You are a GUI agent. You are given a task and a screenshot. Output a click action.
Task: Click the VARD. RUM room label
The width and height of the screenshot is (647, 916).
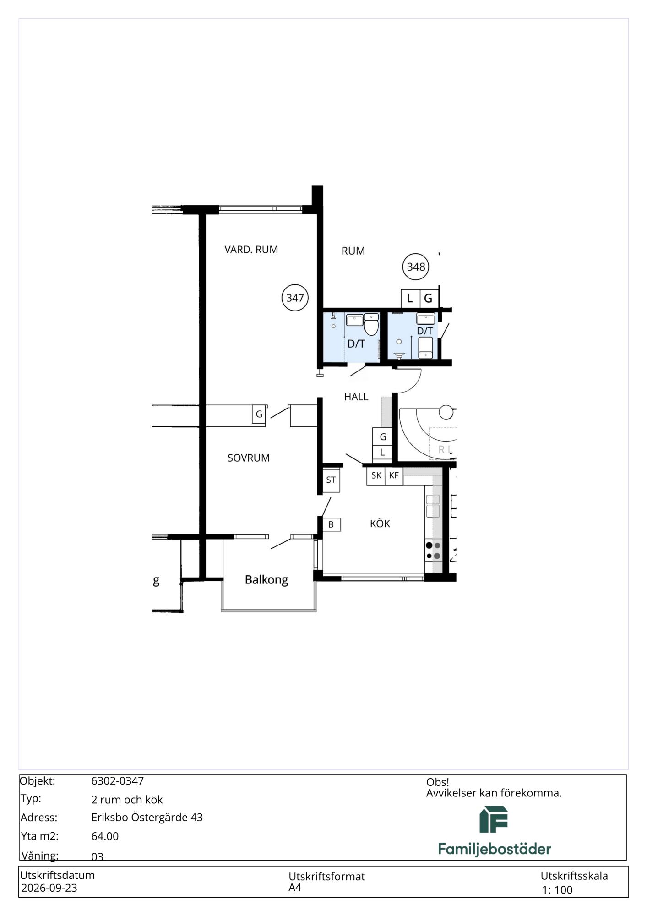point(251,250)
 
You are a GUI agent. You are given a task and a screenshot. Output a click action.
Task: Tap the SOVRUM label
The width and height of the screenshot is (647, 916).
point(249,458)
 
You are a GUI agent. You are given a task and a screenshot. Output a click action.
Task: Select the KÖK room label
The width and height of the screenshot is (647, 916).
point(380,523)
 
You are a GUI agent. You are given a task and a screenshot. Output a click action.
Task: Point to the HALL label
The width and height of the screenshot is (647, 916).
point(356,397)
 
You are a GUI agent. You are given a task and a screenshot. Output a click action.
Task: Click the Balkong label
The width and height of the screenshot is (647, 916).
point(266,580)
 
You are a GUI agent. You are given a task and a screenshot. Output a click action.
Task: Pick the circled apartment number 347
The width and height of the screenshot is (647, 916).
point(295,298)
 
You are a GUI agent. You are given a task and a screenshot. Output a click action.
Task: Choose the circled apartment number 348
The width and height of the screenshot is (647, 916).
point(416,267)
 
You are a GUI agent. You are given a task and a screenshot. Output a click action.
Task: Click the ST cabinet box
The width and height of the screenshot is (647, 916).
point(331,480)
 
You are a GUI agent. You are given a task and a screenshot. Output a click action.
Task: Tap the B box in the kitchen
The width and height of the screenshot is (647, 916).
point(331,524)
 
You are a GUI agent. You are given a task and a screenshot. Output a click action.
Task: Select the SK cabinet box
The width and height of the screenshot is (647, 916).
point(376,475)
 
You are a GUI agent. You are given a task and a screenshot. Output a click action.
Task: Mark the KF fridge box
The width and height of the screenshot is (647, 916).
point(394,475)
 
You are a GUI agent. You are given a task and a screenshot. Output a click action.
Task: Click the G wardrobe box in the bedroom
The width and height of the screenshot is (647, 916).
point(259,414)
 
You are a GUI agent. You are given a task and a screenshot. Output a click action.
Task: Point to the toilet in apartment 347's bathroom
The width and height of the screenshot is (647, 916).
point(371,325)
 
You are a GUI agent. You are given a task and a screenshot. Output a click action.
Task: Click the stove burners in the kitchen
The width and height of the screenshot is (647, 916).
point(433,551)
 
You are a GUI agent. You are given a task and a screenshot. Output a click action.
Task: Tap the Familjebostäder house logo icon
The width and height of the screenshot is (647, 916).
point(494,819)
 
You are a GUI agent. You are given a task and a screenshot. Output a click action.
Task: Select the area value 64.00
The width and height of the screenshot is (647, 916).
point(105,836)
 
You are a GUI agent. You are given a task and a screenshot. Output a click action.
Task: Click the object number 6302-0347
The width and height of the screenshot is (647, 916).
point(118,781)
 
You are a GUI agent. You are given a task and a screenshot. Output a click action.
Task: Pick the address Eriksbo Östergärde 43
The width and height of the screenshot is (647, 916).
point(147,818)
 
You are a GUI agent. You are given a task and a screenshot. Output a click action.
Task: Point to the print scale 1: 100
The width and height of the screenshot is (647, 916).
point(557,890)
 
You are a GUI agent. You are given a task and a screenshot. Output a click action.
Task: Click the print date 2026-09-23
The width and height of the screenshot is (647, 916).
point(49,888)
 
